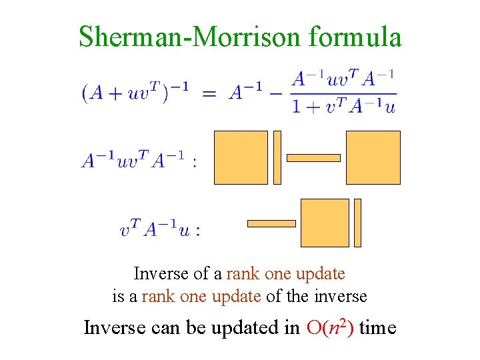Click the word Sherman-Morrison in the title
pos(190,37)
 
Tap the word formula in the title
pos(355,37)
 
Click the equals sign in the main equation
pos(209,93)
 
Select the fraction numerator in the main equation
pos(344,79)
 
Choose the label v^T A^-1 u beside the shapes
pos(160,230)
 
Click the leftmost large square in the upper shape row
pos(241,157)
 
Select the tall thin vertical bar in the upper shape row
pos(277,157)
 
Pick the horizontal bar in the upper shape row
pos(313,158)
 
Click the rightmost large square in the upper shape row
pos(373,157)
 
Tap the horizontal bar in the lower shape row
pos(271,223)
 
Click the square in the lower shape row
pos(325,223)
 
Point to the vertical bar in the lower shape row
pos(357,223)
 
